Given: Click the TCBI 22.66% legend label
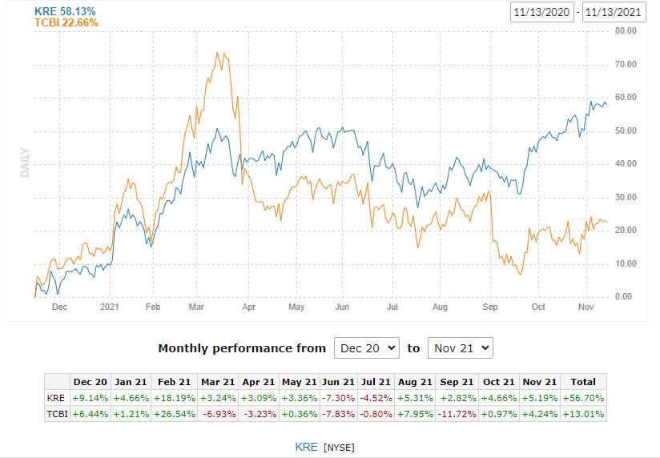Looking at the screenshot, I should point(66,23).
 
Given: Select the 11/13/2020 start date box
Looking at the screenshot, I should point(542,13).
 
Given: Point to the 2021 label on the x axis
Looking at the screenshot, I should point(108,307).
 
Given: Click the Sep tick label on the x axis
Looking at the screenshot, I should point(490,307).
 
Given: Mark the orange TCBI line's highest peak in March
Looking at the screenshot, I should point(218,54).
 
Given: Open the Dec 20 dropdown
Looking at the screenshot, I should point(366,348).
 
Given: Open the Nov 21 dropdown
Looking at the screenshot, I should point(460,348).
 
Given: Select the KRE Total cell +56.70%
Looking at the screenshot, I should point(583,397).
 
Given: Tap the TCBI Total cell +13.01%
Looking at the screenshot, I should point(583,413).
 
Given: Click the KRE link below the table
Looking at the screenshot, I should point(307,446).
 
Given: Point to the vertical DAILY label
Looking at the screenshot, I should point(25,162).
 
